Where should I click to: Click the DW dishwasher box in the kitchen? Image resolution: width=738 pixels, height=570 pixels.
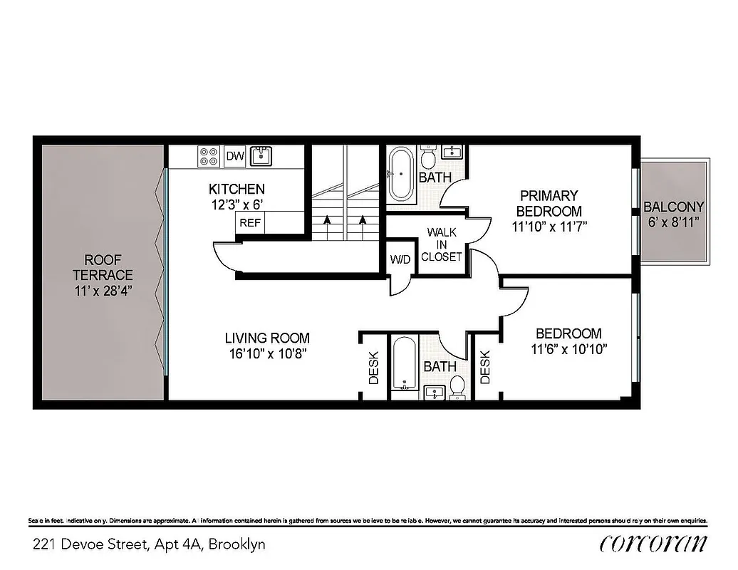[x=234, y=156]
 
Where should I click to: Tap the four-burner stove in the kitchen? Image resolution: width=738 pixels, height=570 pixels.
[x=209, y=156]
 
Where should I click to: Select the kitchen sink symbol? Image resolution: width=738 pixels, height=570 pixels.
[x=262, y=156]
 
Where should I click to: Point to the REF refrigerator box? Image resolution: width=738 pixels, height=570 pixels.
[x=249, y=222]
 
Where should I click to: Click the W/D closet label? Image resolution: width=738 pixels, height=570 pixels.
[x=400, y=259]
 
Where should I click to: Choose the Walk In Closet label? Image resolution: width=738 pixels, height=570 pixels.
[x=442, y=244]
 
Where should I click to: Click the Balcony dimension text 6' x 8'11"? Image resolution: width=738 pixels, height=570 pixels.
[x=673, y=222]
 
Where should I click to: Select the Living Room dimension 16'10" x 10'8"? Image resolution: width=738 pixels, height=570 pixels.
[x=267, y=353]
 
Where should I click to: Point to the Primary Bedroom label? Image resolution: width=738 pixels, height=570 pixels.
[x=549, y=203]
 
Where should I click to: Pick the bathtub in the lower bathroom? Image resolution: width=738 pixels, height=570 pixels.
[x=403, y=363]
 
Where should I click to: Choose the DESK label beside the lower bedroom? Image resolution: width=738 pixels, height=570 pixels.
[x=486, y=368]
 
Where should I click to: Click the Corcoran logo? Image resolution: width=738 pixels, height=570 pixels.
[x=653, y=544]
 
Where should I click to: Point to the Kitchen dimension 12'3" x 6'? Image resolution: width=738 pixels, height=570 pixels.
[x=237, y=204]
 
